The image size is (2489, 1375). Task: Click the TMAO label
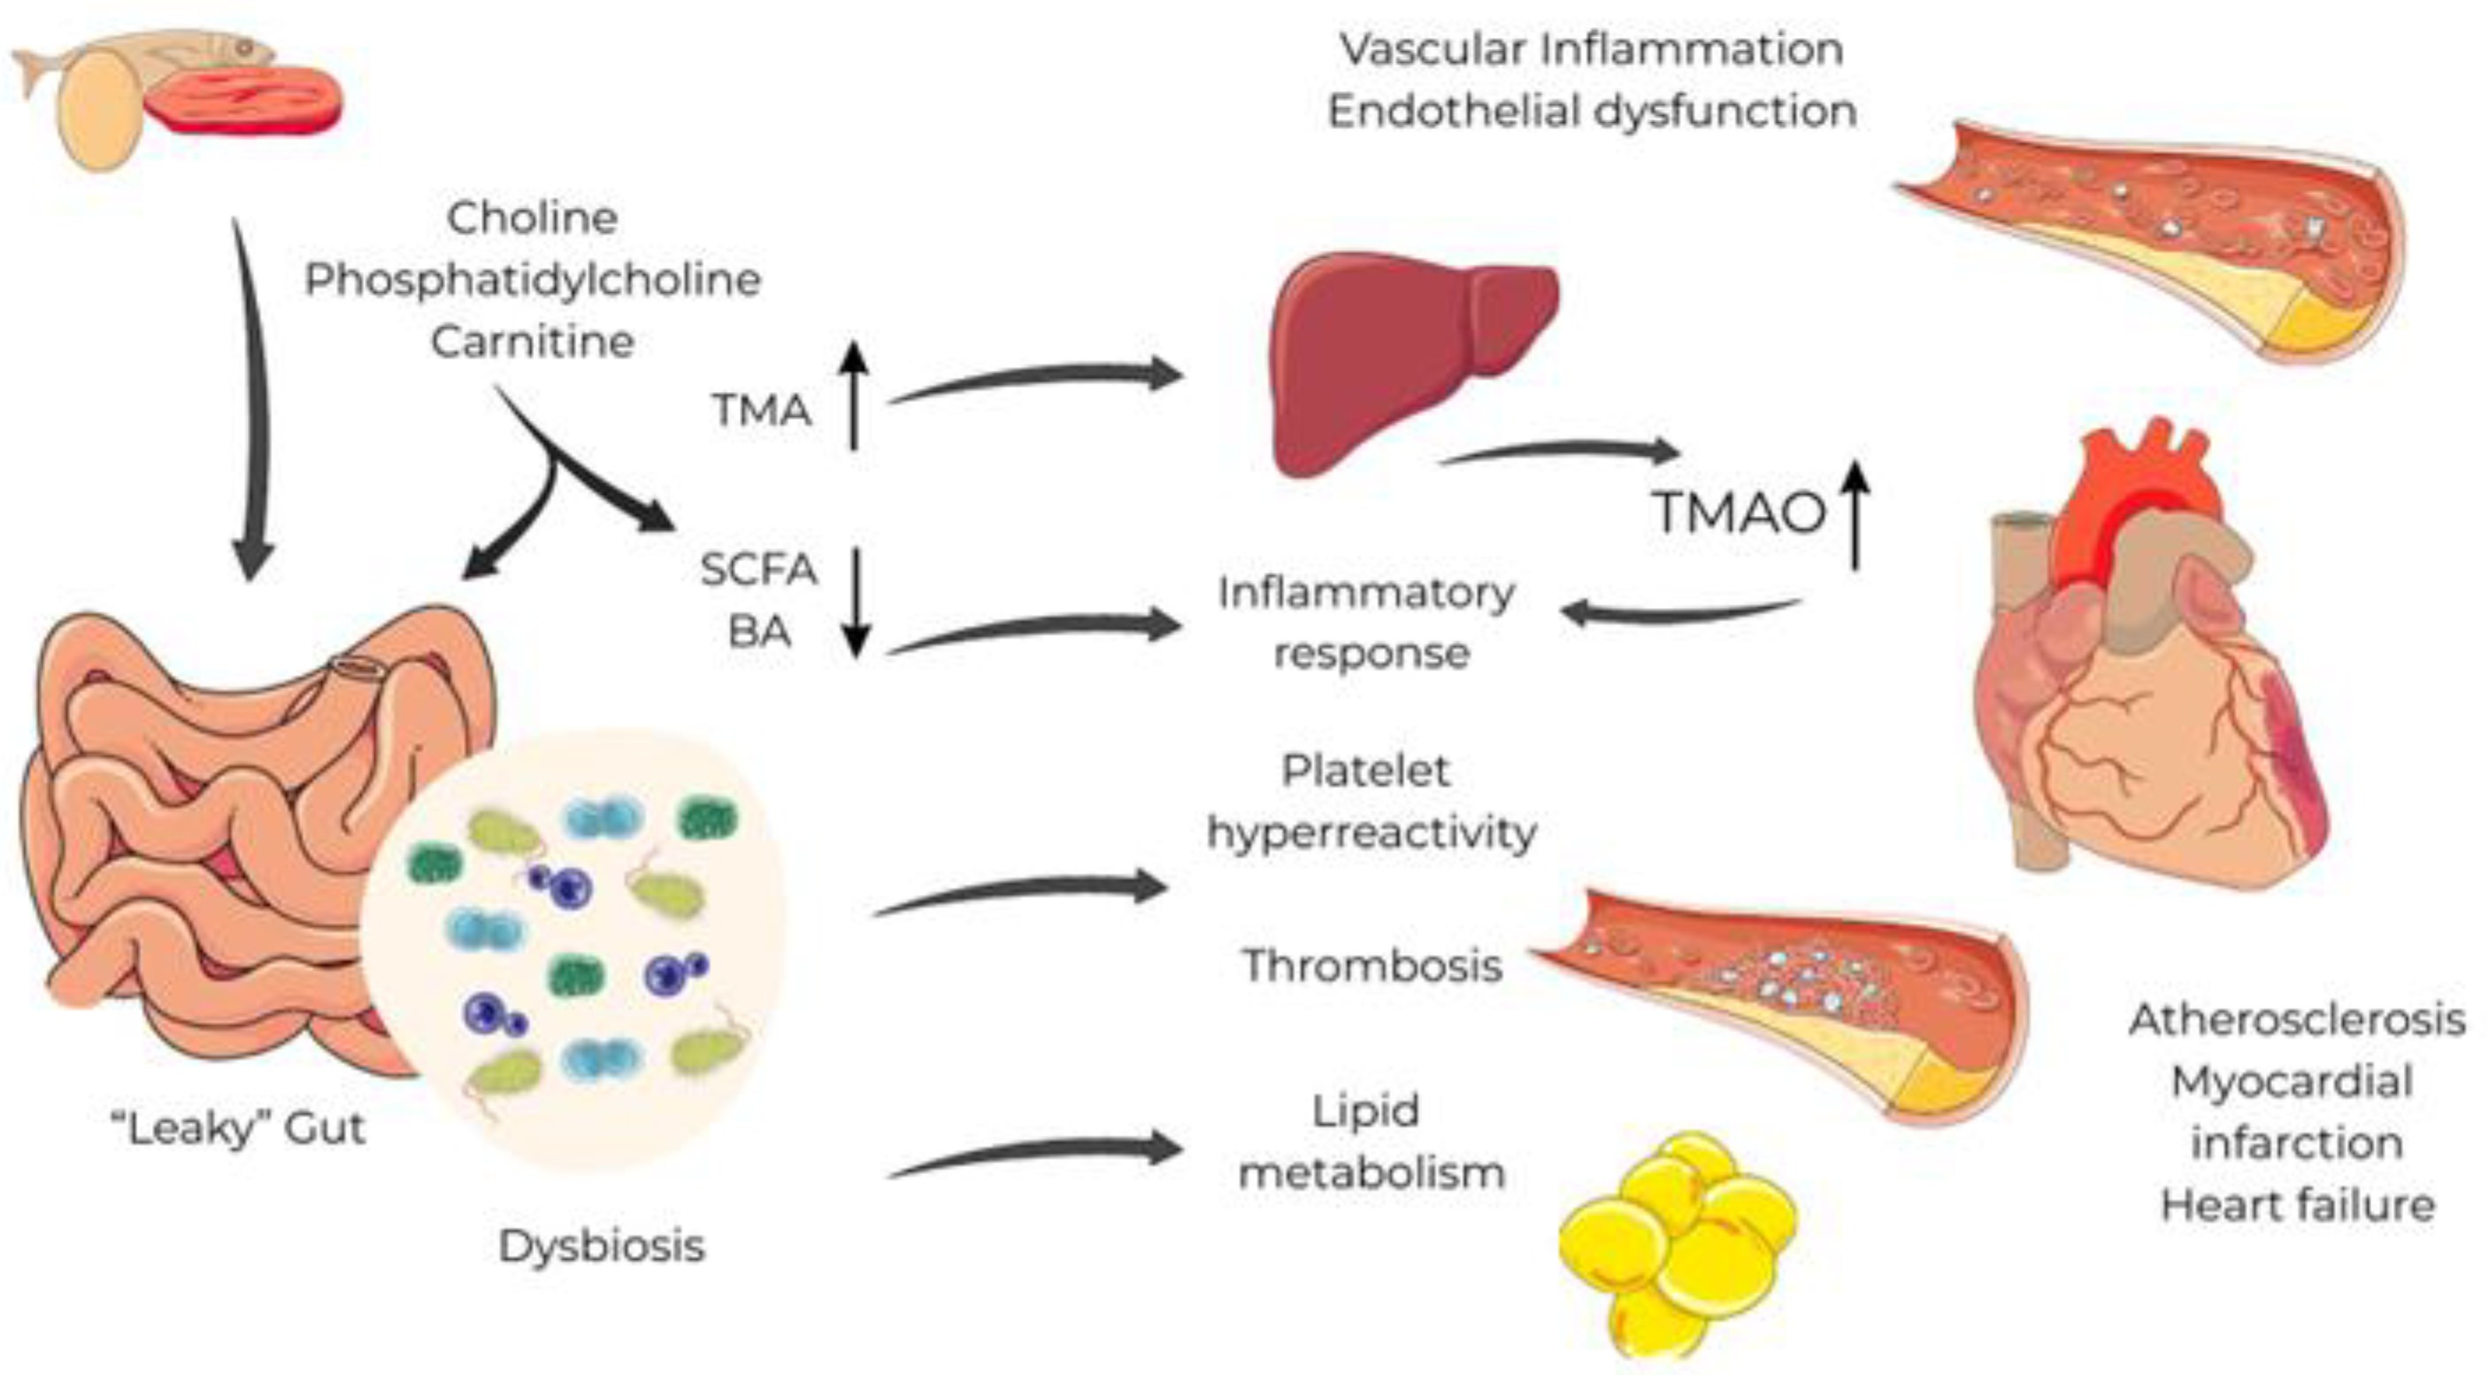click(x=1740, y=512)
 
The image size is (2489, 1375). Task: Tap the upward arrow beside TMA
click(x=853, y=396)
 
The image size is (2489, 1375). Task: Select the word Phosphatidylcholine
click(x=534, y=280)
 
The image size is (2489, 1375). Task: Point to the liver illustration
click(x=1414, y=364)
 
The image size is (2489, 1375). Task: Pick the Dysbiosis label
click(x=602, y=1247)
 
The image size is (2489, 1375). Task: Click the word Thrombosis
click(x=1372, y=965)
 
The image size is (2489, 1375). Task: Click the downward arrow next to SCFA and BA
click(x=857, y=602)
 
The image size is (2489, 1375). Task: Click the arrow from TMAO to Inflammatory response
click(x=1681, y=612)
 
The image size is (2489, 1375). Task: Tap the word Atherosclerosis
click(x=2297, y=1020)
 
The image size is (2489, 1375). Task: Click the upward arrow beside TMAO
click(x=1855, y=515)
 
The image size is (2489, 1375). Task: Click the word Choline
click(x=533, y=218)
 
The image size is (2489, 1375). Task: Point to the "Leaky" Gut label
click(x=239, y=1127)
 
